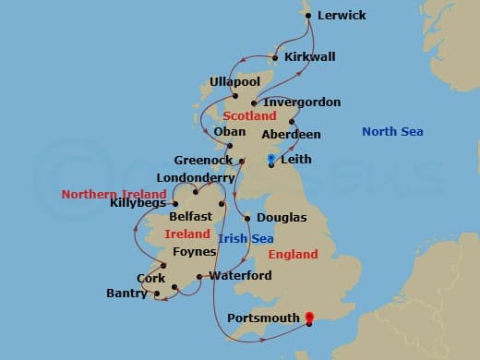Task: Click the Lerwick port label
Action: (x=341, y=16)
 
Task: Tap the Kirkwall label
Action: (x=309, y=57)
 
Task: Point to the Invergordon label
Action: (x=302, y=102)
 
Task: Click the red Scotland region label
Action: (x=248, y=116)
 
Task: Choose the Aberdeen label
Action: (x=291, y=135)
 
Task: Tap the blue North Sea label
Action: (x=392, y=132)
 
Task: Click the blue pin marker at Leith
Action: (x=270, y=161)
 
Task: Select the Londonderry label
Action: (x=196, y=178)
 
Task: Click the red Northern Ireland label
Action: (x=114, y=194)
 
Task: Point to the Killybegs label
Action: (x=138, y=203)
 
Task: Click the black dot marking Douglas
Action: (x=247, y=218)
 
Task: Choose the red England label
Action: (x=293, y=254)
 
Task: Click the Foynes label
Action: (x=194, y=251)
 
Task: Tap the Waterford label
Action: (x=240, y=275)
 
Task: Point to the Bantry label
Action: (x=126, y=294)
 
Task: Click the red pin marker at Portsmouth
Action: (x=309, y=317)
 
